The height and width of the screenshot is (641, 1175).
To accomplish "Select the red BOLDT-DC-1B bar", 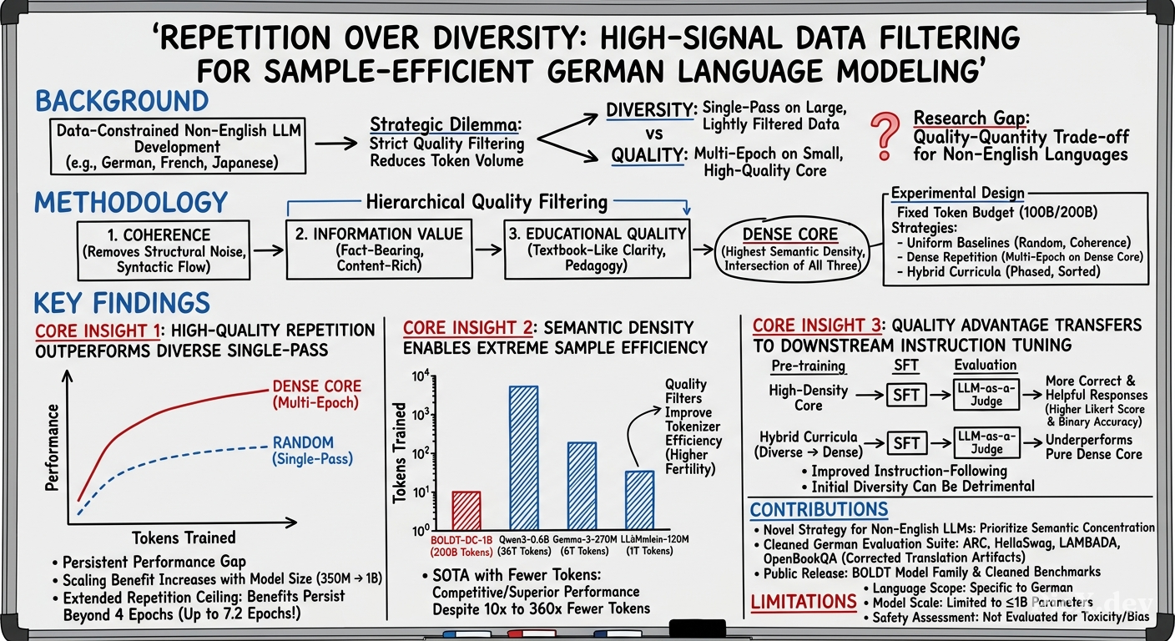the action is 466,511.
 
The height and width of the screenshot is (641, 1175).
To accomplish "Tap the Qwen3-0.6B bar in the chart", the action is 523,458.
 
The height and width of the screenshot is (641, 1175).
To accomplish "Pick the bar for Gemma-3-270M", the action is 582,486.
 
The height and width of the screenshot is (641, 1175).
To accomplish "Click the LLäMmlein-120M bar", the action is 639,501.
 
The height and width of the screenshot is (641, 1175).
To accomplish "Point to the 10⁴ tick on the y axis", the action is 421,376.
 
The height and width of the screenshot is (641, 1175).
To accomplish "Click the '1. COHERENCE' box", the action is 163,250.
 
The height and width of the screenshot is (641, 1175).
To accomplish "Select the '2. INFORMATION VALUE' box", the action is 379,249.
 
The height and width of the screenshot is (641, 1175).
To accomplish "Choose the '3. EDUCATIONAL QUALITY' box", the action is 597,249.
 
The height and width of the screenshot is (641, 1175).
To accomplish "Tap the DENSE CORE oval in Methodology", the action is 790,250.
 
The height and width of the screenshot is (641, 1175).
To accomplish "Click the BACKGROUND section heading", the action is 122,101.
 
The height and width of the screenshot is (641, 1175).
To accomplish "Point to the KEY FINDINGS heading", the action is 122,303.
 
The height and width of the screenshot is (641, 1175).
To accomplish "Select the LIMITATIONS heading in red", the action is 804,601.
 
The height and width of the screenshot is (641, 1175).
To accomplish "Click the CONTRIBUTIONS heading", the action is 819,509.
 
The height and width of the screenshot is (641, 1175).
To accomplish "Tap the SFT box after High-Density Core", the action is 906,395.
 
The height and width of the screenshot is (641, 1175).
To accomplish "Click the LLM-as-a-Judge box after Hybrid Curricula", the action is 986,442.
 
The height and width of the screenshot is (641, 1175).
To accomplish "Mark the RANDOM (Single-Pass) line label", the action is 312,451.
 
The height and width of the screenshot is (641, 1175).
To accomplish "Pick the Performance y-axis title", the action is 52,447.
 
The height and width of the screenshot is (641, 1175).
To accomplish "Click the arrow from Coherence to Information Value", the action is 268,250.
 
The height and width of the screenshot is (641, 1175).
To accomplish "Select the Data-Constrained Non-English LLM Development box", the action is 178,146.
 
